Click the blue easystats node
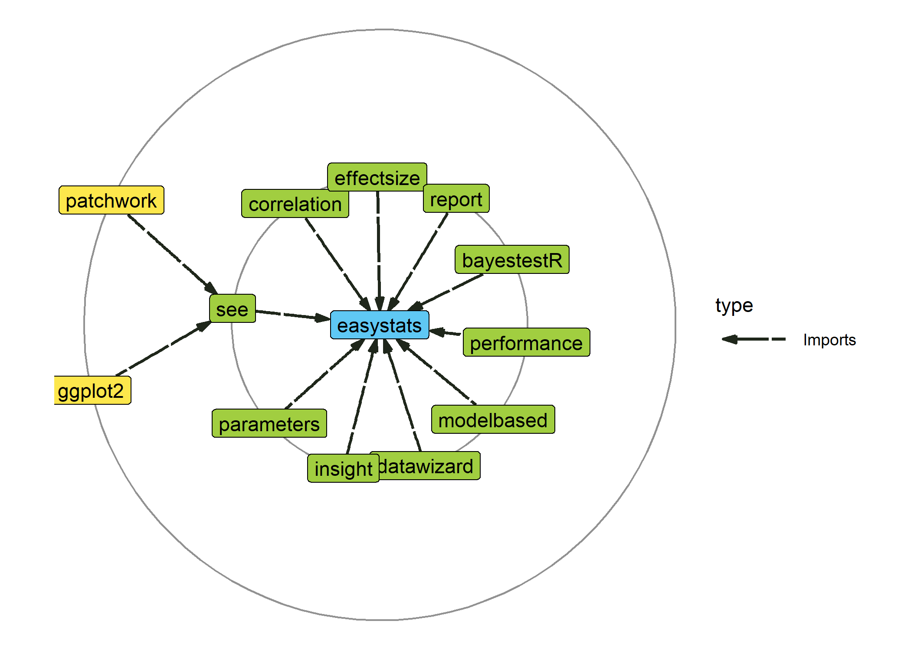tap(380, 325)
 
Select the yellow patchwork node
tap(111, 200)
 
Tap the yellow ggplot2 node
tap(92, 390)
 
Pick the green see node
tap(233, 309)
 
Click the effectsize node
tap(377, 178)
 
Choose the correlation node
tap(295, 204)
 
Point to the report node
tap(456, 199)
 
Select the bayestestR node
tap(512, 260)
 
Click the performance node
tap(526, 343)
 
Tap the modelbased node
tap(493, 420)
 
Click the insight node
tap(343, 468)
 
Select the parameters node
tap(269, 424)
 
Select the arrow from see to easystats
tap(293, 315)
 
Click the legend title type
tap(734, 305)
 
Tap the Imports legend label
tap(829, 340)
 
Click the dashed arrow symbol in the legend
tap(754, 339)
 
